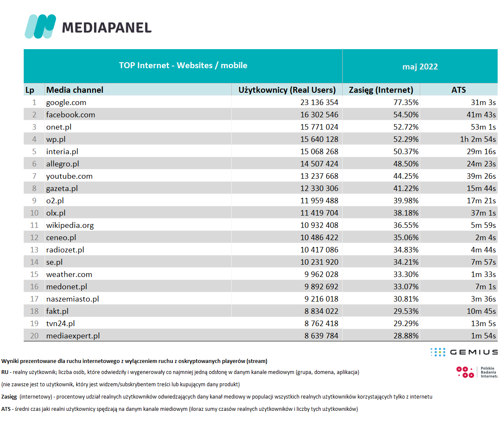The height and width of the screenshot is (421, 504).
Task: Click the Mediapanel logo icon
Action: pos(40,26)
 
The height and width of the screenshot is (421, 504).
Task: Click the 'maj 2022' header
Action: pos(420,66)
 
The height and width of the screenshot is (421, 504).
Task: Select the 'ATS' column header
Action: pos(458,90)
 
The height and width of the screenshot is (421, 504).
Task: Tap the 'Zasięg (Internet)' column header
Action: pos(381,90)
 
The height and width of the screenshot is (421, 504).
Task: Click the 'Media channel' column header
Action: pos(75,90)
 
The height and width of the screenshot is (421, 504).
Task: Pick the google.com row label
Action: pos(66,102)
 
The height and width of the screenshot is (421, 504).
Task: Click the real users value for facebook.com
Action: pos(319,115)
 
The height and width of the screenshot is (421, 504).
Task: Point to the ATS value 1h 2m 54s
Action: pos(478,139)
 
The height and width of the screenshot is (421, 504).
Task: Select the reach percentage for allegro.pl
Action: pos(406,164)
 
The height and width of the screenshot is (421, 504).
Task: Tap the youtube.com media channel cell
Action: pos(69,176)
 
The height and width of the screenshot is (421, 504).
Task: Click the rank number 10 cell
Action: pos(34,213)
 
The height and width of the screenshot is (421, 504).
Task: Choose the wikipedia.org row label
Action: pos(70,225)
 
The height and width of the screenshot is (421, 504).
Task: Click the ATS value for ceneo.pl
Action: pos(485,238)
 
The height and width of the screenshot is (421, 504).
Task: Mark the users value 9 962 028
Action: pos(321,274)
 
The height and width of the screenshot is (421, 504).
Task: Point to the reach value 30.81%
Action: pos(406,299)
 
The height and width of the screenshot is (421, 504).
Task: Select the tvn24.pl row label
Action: pos(61,324)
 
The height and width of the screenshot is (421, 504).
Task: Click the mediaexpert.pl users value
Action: pos(321,336)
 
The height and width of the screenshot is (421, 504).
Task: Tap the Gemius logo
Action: pos(464,352)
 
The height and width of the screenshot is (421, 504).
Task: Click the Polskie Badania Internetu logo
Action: pos(476,372)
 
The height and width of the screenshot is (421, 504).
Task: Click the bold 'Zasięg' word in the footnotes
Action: pos(9,397)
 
